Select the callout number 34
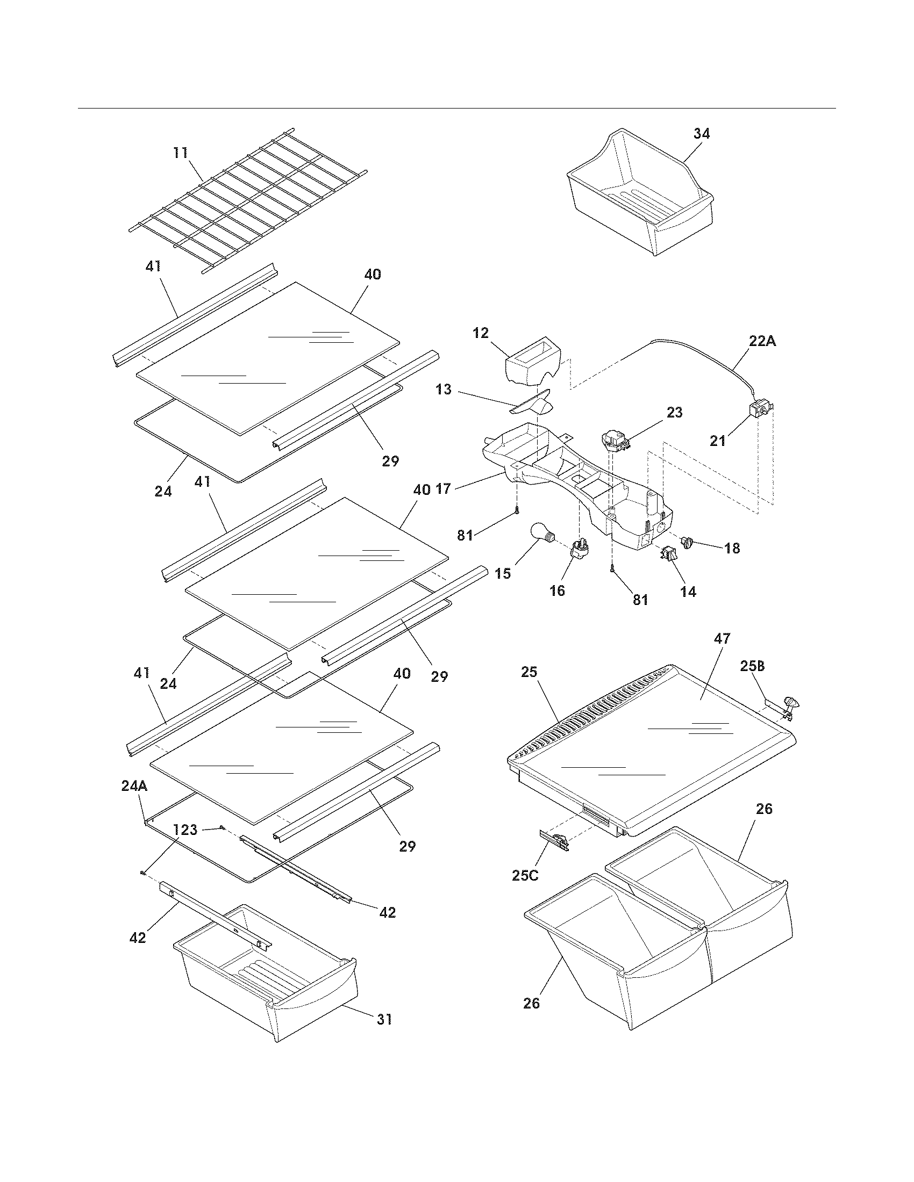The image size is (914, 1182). click(701, 134)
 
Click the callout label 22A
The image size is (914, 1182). click(762, 341)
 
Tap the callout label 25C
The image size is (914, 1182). click(525, 875)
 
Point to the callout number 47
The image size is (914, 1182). click(722, 638)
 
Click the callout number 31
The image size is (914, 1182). click(384, 1019)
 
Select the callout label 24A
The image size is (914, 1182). click(134, 787)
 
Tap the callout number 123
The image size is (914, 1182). click(185, 830)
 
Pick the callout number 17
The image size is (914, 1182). click(443, 489)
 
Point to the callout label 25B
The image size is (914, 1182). click(752, 666)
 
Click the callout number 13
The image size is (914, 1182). click(443, 390)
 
